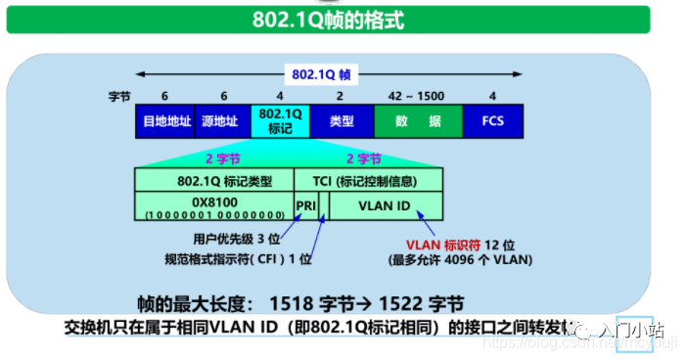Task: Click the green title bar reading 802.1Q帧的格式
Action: click(343, 19)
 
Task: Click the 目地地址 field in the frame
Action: click(164, 121)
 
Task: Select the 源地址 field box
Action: click(221, 121)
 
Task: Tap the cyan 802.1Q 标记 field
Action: click(280, 121)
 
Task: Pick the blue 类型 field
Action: click(341, 121)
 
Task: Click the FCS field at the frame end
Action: click(492, 121)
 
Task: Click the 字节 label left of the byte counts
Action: click(119, 97)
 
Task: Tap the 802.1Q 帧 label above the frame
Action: click(314, 73)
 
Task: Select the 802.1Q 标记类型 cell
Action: click(214, 180)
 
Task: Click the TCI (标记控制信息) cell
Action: click(368, 180)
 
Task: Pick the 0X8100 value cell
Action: click(214, 205)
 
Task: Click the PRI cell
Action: click(305, 205)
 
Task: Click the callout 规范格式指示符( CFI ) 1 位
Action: click(238, 258)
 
